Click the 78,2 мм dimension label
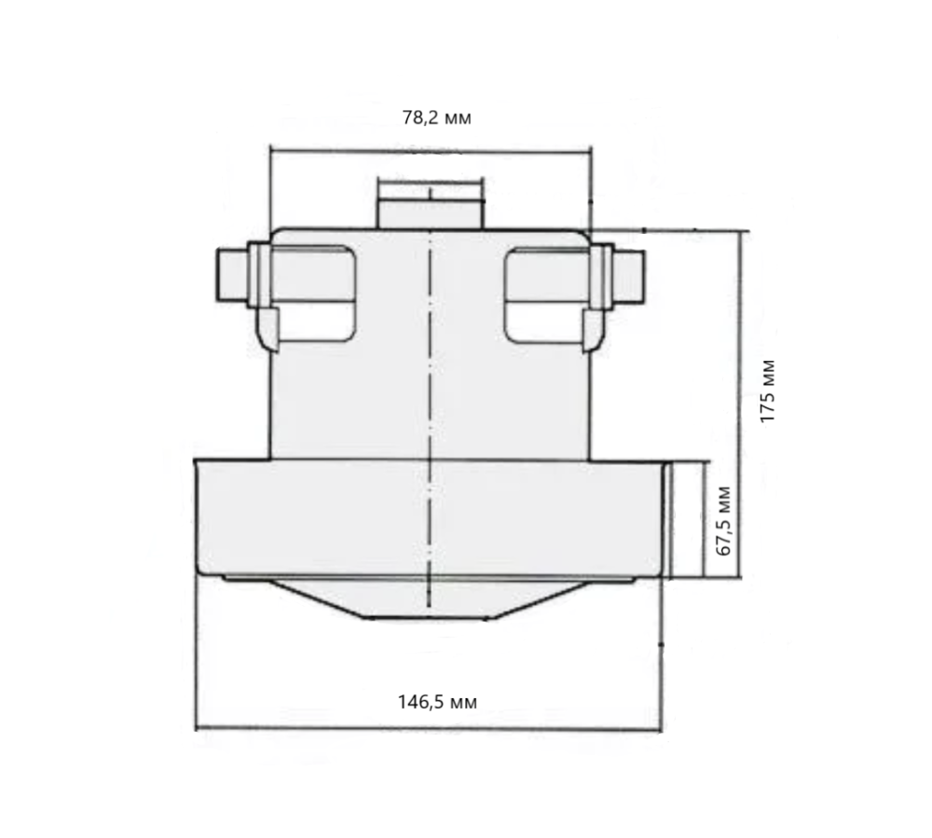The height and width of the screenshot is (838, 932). pos(437,117)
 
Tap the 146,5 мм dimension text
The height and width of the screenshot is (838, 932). pos(437,702)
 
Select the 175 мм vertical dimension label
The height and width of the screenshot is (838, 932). pos(767,392)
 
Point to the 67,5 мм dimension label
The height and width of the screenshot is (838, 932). pos(724,521)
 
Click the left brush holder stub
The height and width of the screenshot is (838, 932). pos(232,275)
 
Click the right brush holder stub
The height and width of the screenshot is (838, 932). pos(629,275)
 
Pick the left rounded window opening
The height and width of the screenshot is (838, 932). pos(314,295)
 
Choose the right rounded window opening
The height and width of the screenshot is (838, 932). pos(547,295)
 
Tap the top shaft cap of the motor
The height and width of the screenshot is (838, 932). pos(431,203)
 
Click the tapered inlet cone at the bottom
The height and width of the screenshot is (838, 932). pos(428,599)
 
